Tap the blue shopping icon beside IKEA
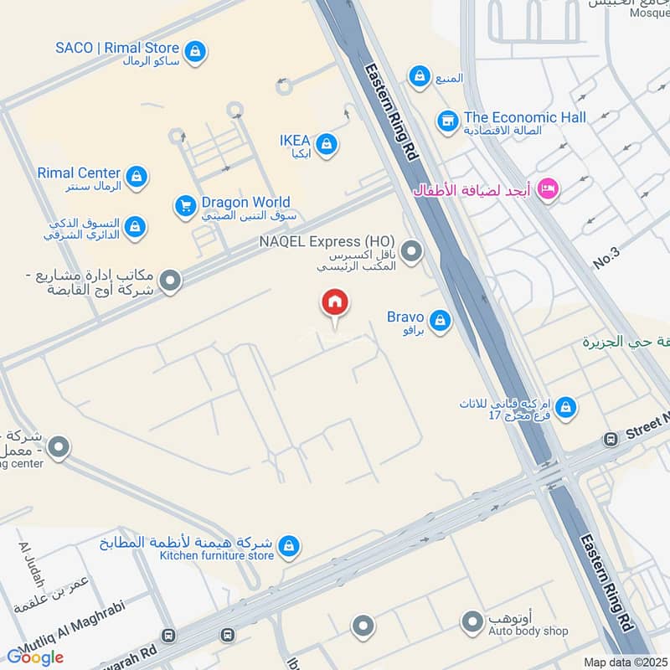327,145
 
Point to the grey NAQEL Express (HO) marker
411,250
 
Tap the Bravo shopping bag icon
440,321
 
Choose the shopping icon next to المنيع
419,77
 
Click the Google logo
35,657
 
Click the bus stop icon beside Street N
611,440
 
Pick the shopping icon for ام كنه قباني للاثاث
566,408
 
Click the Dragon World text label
245,202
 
